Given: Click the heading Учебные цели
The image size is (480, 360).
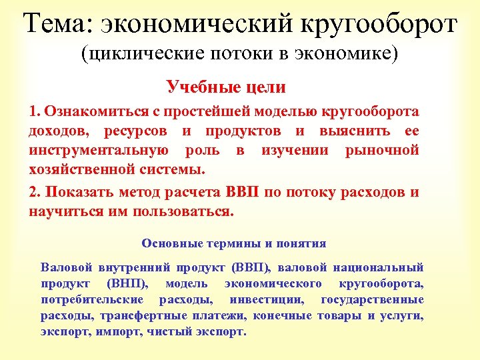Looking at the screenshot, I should tap(226, 87).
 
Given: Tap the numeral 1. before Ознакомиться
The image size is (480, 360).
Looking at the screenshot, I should tap(35, 111).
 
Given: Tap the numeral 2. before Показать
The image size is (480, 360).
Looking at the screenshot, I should tap(35, 193).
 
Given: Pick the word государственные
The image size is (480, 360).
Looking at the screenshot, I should tap(372, 299).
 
